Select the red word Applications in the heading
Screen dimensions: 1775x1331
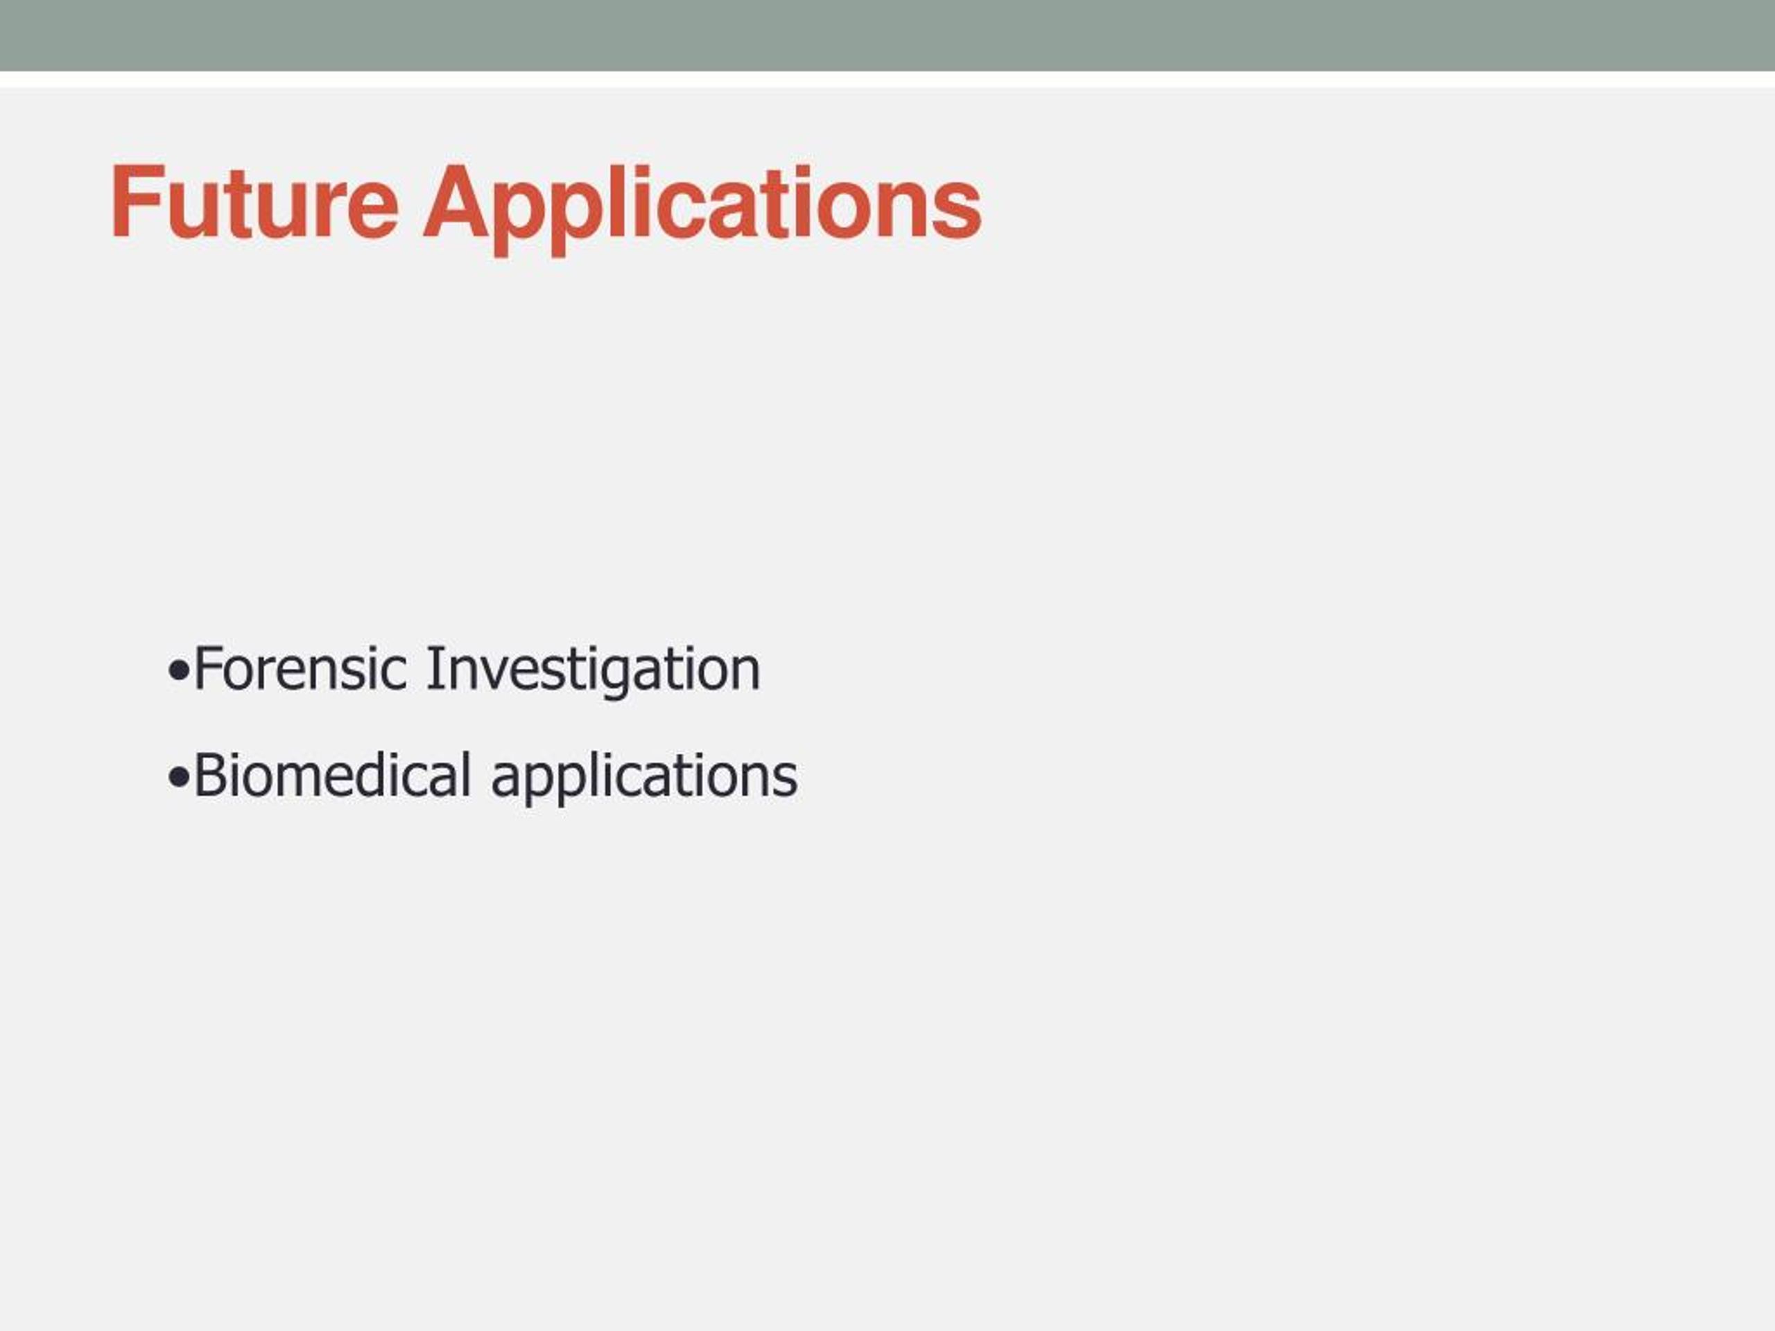pyautogui.click(x=703, y=209)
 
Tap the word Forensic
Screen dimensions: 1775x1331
pyautogui.click(x=300, y=668)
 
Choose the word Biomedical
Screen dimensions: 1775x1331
pyautogui.click(x=332, y=775)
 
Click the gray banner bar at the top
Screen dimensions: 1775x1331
pyautogui.click(x=887, y=35)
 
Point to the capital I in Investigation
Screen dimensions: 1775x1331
pyautogui.click(x=434, y=668)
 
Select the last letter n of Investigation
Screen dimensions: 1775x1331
pyautogui.click(x=746, y=675)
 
